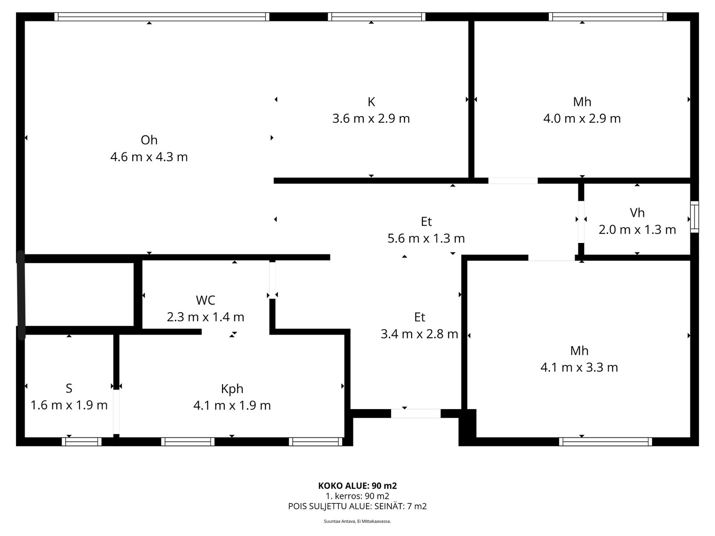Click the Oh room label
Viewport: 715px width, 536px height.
click(x=149, y=140)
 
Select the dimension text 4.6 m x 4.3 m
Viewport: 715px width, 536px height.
click(x=149, y=157)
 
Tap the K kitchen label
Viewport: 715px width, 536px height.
click(x=371, y=102)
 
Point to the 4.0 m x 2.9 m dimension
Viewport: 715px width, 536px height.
click(x=582, y=119)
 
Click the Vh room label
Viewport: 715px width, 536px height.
click(x=637, y=213)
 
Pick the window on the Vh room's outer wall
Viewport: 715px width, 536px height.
click(x=694, y=217)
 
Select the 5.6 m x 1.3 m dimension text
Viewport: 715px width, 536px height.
click(x=426, y=239)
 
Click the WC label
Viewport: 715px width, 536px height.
click(x=205, y=300)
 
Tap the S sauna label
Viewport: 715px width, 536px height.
click(x=69, y=389)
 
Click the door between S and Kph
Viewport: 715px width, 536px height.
click(x=116, y=411)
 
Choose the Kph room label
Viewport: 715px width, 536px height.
click(x=232, y=389)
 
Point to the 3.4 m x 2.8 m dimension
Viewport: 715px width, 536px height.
click(x=419, y=334)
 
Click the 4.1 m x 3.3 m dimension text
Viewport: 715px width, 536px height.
click(x=579, y=368)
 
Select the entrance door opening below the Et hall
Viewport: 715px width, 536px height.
click(x=416, y=414)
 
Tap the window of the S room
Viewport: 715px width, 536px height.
click(x=81, y=442)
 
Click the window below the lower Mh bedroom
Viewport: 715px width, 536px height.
click(x=605, y=442)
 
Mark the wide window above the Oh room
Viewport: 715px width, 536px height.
click(x=162, y=17)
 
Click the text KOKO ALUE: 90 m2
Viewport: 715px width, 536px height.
click(x=357, y=486)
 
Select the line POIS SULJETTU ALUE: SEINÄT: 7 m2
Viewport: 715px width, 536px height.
click(x=357, y=507)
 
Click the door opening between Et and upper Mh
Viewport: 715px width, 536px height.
click(x=513, y=181)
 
